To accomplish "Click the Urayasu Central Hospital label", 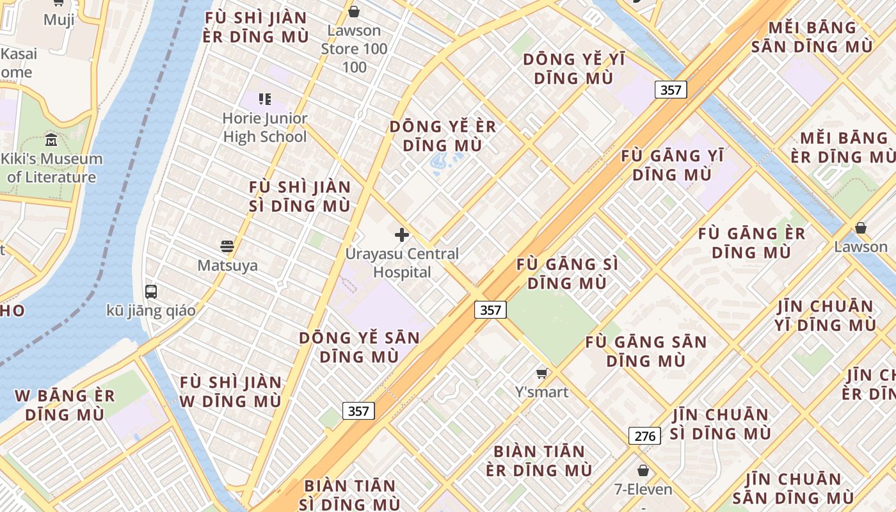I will (402, 263).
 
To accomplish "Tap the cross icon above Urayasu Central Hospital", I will (402, 236).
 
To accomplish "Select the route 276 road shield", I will (644, 436).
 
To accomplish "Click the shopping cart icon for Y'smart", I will (542, 373).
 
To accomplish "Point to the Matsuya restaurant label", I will (227, 265).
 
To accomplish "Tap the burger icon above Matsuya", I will (227, 246).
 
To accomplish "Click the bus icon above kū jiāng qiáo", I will (151, 292).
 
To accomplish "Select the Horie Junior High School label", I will (264, 127).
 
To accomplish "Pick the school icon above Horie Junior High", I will (264, 99).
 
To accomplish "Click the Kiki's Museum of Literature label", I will (51, 168).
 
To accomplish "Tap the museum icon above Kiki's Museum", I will (51, 140).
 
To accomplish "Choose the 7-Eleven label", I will (643, 490).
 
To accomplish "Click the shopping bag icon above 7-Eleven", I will (643, 471).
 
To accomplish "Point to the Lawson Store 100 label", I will (354, 48).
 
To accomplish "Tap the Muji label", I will (59, 20).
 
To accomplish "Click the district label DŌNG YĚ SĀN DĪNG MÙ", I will (359, 347).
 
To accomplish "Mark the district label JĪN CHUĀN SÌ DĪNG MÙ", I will (721, 424).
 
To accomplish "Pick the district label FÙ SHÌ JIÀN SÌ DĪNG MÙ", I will (300, 196).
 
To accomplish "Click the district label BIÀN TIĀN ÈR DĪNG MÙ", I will (539, 461).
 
